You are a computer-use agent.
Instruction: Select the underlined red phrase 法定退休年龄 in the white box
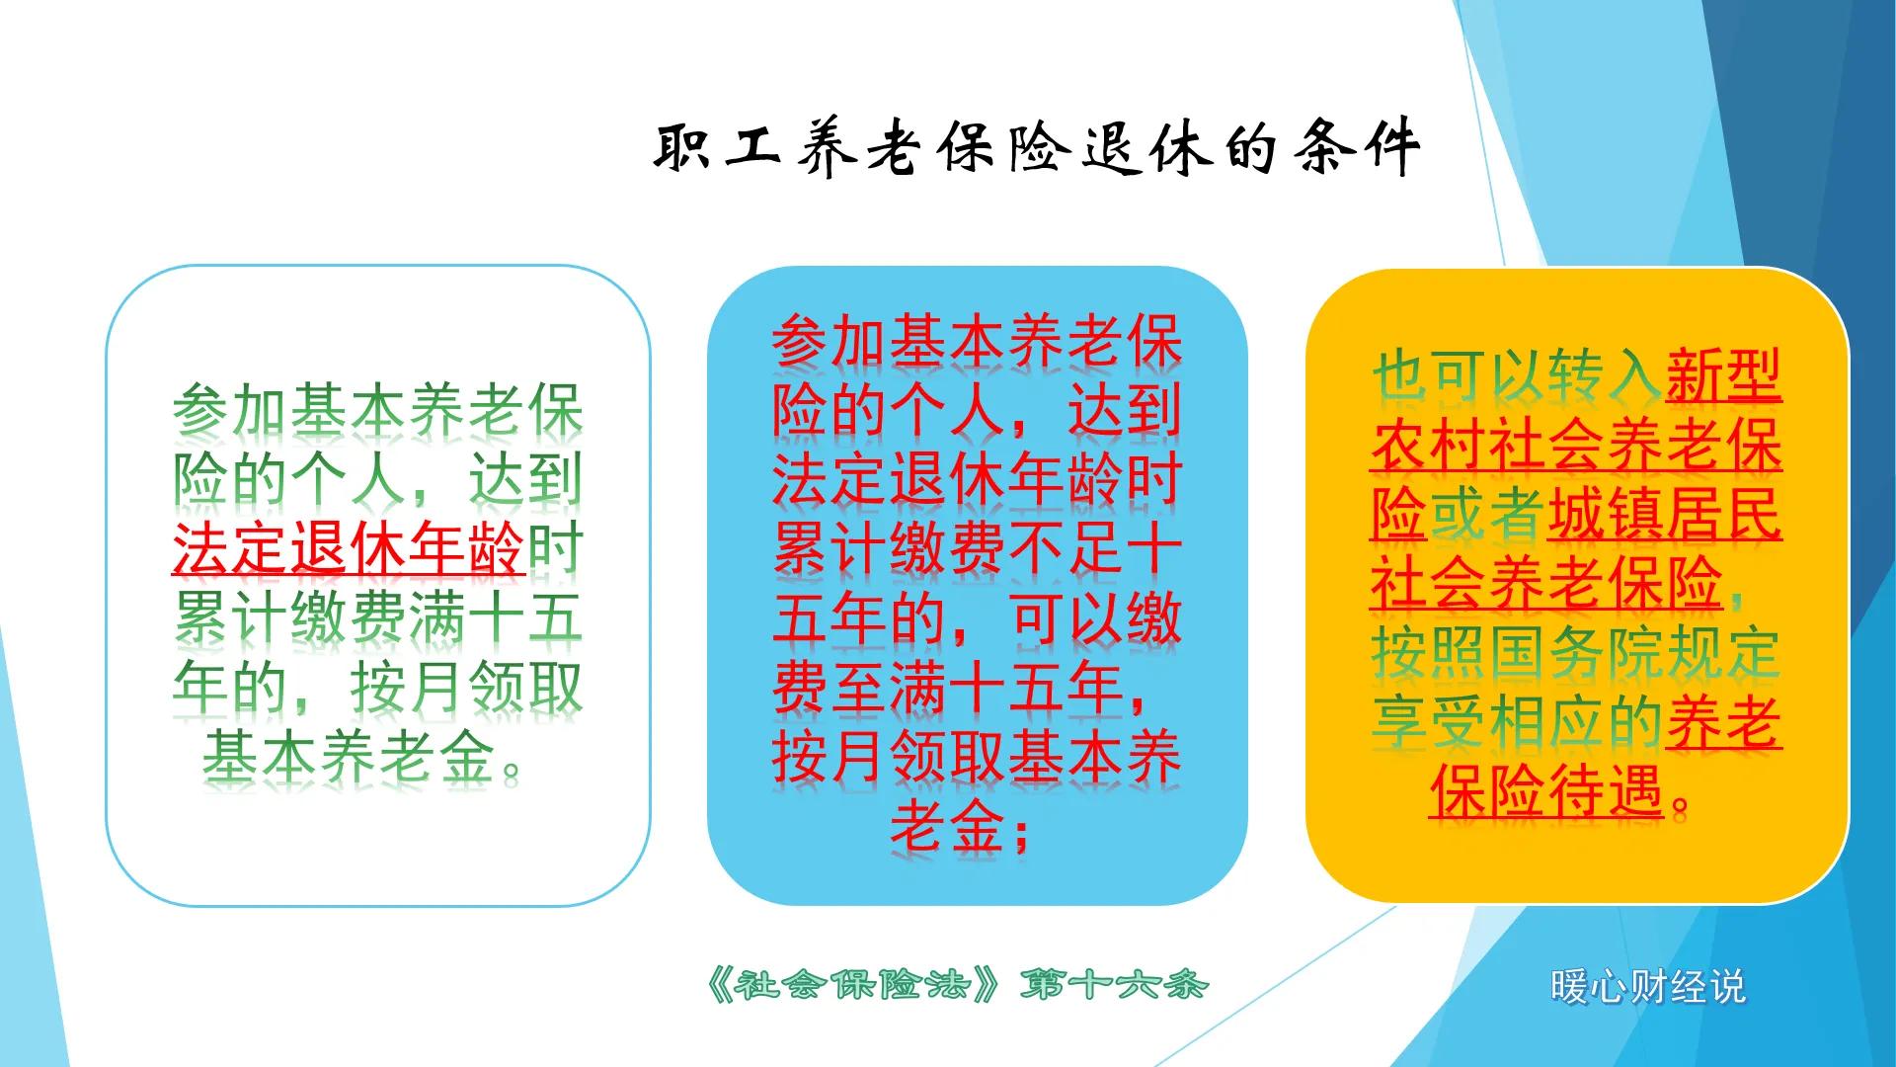click(348, 549)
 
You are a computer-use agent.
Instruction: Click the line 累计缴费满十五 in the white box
click(378, 618)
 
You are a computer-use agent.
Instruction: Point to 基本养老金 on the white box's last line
click(349, 758)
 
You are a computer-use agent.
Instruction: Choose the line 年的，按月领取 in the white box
click(378, 688)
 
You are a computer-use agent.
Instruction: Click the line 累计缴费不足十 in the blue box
click(977, 549)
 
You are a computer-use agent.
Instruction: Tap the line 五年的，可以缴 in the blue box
click(977, 618)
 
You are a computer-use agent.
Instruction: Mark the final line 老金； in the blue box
click(960, 828)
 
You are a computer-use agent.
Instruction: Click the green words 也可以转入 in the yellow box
click(1517, 376)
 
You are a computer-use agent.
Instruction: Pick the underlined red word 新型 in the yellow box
click(1724, 376)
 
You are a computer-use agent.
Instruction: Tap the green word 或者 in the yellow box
click(1487, 515)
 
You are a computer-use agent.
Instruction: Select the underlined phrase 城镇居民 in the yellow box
click(1665, 515)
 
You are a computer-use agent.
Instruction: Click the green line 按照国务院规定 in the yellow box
click(1576, 653)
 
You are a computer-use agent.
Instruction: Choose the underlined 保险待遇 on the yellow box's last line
click(1546, 791)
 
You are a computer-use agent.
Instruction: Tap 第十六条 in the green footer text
click(1114, 985)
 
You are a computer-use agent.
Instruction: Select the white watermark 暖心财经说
click(1647, 987)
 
